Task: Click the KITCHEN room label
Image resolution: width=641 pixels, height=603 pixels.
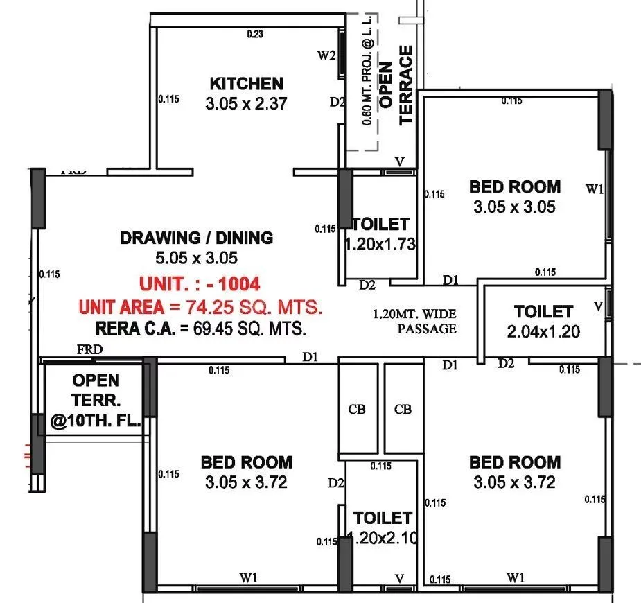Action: (x=246, y=84)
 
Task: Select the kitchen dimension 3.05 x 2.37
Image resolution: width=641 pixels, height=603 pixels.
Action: (x=246, y=104)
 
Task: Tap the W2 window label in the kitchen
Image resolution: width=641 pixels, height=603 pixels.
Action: (x=327, y=56)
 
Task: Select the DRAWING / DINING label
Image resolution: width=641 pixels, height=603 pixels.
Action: (x=196, y=238)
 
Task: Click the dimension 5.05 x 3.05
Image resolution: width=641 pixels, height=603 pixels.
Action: (x=196, y=258)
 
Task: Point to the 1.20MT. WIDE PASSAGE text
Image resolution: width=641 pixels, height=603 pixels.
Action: (x=414, y=322)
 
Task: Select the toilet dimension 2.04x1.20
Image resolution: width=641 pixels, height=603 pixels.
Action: (x=543, y=332)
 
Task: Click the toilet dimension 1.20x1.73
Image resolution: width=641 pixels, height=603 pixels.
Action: (x=380, y=244)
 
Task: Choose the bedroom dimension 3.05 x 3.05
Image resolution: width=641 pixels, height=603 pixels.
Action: (x=514, y=207)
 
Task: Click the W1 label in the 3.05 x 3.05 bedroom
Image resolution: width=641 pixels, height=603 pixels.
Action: (x=594, y=189)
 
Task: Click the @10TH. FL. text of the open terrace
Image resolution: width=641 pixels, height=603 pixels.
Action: (x=96, y=421)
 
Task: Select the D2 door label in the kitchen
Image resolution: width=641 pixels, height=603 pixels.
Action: (x=337, y=103)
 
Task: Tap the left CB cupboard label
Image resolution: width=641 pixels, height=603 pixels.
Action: (x=357, y=409)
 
